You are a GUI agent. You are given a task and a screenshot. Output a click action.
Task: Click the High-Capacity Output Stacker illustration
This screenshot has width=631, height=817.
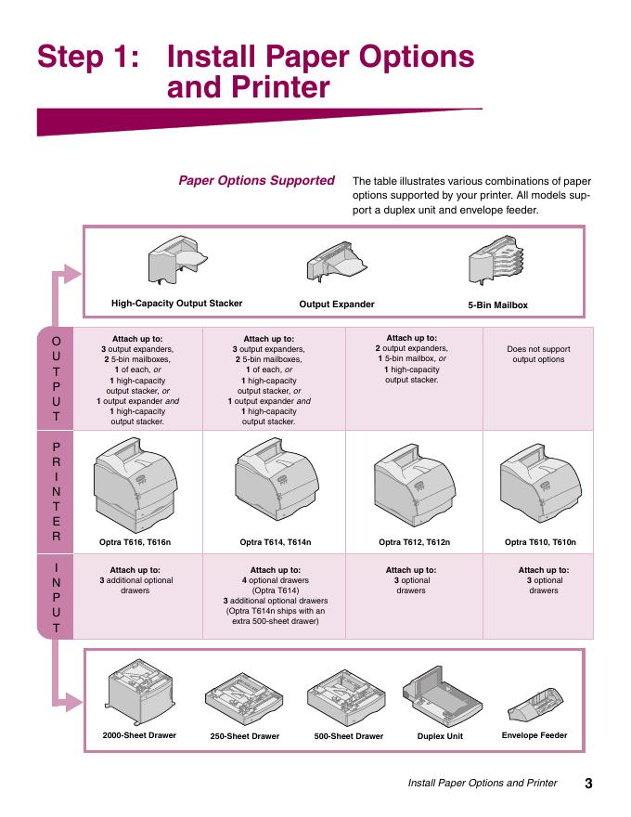[x=177, y=260]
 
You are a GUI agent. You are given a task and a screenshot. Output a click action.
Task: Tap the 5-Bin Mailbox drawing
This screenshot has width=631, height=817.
[x=496, y=259]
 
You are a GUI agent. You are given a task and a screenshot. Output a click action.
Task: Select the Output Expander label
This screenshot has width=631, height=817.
[x=337, y=305]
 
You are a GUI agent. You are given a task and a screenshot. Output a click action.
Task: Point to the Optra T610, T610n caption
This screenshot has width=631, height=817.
[x=540, y=542]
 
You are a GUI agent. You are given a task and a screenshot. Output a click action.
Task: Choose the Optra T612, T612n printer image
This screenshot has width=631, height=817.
[x=415, y=485]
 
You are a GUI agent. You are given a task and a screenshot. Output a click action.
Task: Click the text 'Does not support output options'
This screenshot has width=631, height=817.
[x=538, y=355]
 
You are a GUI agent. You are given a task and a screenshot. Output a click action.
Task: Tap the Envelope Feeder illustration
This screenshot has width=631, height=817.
[x=535, y=704]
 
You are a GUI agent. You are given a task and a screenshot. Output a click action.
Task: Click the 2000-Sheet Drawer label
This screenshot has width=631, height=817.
[x=139, y=735]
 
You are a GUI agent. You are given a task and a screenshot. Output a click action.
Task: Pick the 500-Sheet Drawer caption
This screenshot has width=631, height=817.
[x=349, y=736]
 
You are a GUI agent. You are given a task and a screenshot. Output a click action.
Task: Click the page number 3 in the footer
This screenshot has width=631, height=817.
[x=588, y=784]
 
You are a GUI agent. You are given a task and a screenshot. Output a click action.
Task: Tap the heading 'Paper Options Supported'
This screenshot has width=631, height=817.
[x=256, y=180]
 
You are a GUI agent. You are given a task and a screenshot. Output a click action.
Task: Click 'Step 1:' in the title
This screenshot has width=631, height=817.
[x=88, y=57]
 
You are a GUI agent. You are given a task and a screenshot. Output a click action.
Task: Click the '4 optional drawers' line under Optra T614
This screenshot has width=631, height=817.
[x=276, y=580]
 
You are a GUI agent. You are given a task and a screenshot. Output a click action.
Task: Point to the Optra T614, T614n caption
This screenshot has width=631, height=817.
[x=276, y=542]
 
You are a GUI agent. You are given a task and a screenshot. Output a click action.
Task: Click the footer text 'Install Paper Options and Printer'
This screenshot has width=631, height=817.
[x=483, y=783]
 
